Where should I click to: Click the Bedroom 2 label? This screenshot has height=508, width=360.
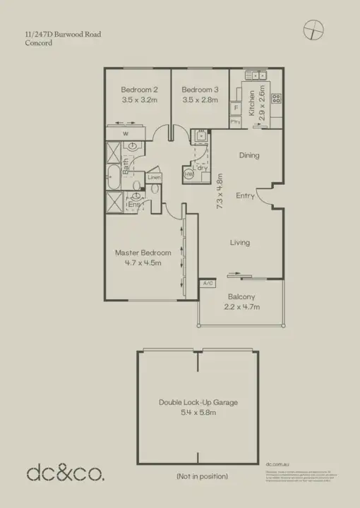138,90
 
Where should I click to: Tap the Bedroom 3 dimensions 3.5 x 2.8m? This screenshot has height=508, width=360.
199,101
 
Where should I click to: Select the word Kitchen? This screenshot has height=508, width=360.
252,104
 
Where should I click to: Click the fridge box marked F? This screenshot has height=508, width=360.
236,109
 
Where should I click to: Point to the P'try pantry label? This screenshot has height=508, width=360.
236,122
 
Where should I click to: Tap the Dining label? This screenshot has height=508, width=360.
249,155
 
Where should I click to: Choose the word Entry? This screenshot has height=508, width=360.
245,195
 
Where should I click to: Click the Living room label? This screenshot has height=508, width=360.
240,243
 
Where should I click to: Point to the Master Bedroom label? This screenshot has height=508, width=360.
143,253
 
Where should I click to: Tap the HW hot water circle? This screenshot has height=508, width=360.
188,174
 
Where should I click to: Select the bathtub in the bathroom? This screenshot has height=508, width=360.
113,180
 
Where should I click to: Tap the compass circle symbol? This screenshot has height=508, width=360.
313,30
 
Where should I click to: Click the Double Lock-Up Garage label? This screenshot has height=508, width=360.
198,402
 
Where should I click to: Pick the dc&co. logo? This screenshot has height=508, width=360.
65,473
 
